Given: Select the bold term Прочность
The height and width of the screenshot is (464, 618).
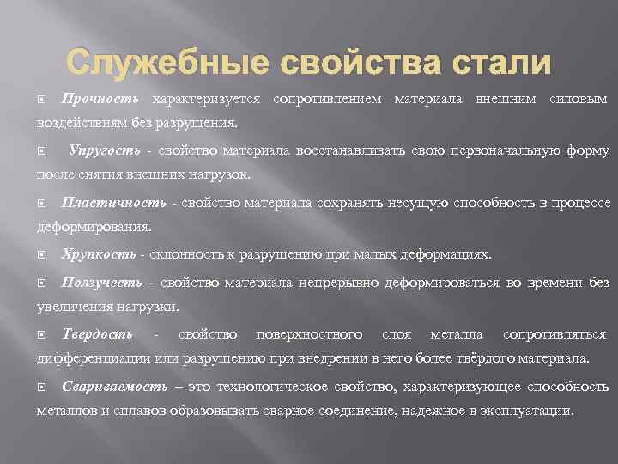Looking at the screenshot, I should (100, 100).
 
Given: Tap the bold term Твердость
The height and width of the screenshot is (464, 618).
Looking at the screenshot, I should (97, 333).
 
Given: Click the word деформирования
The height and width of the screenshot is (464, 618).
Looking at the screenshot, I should (94, 228).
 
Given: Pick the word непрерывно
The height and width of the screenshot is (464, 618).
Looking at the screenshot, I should (339, 283).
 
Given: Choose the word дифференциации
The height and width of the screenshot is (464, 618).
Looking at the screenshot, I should (95, 357).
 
